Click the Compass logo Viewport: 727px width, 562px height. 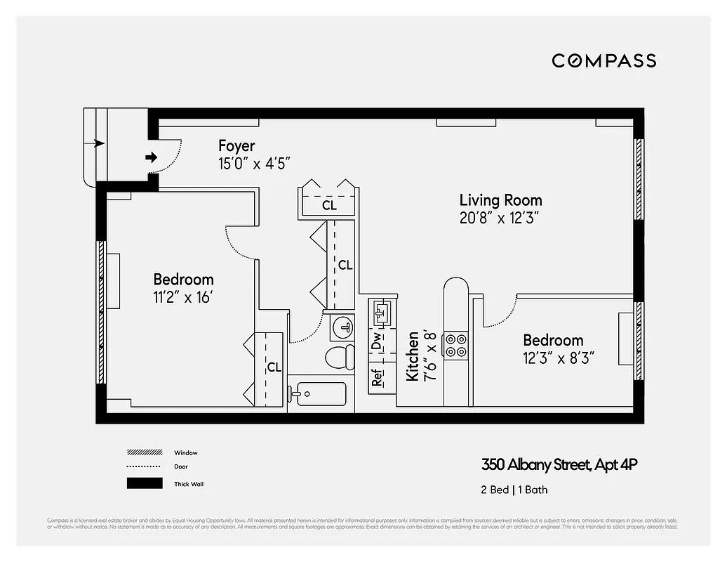603,60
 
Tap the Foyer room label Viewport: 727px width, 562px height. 236,146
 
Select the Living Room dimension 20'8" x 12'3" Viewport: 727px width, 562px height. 500,218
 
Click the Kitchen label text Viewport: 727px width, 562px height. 413,356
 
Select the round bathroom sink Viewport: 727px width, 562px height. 342,326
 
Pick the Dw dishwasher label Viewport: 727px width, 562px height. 378,342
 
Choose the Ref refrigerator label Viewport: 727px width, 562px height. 378,377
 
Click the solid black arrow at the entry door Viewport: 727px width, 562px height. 151,157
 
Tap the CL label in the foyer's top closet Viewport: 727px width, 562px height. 329,206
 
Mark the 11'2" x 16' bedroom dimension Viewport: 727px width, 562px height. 183,296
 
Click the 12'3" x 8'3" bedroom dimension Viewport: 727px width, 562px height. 559,358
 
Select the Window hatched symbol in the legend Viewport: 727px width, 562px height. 145,452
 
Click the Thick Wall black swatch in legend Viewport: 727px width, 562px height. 145,483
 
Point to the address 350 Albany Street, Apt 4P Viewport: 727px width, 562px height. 559,464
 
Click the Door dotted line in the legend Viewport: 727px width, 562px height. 145,467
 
